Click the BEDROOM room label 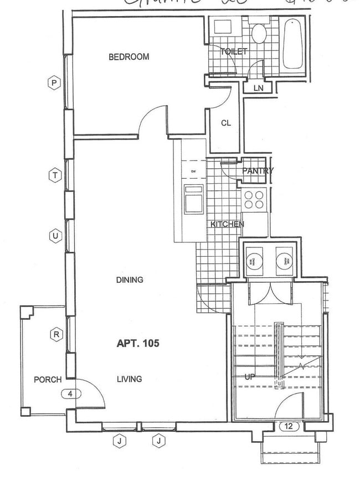point(128,56)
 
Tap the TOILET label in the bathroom point(234,52)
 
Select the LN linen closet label point(258,88)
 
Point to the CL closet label point(225,123)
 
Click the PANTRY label point(258,171)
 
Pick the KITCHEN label point(227,224)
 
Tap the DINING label point(130,279)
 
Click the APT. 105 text point(138,343)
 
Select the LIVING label point(129,379)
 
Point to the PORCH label point(48,380)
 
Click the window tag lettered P point(54,83)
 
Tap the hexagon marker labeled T point(54,175)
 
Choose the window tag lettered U point(54,236)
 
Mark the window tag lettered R point(56,334)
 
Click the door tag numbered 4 point(71,394)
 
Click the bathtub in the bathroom point(292,44)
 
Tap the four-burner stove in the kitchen point(255,199)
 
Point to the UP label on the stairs point(250,376)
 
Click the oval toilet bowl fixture point(259,34)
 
